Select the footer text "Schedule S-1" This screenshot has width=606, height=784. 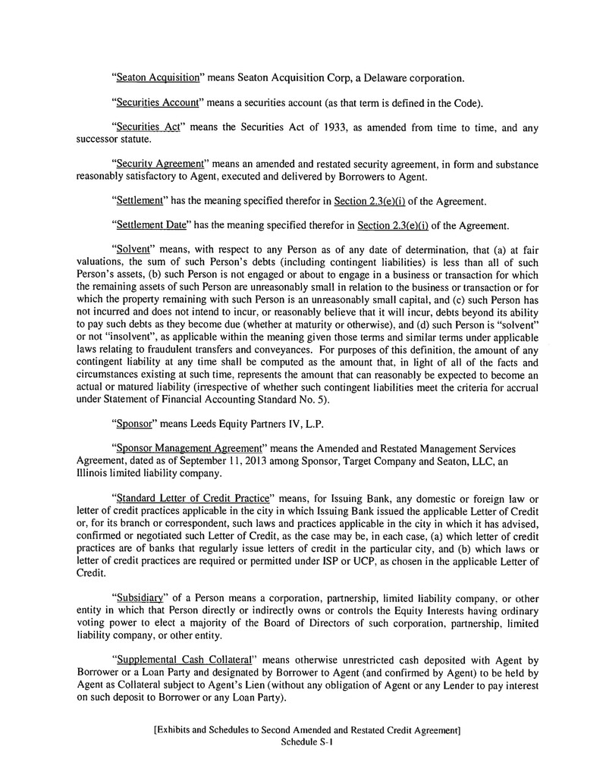pyautogui.click(x=307, y=743)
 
